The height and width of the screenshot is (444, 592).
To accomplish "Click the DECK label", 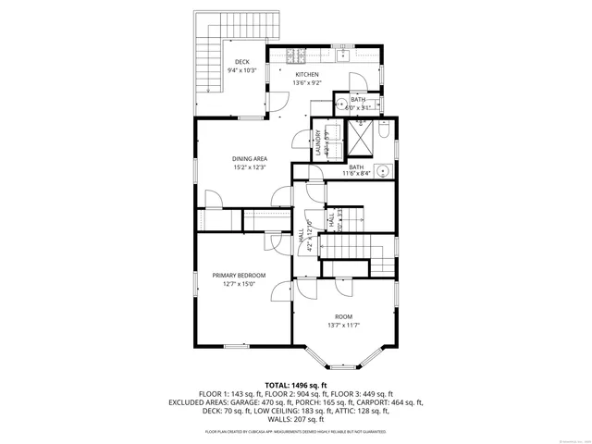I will point(241,62).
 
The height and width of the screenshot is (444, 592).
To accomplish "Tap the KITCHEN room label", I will point(307,75).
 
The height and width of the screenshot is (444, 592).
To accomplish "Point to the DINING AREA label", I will point(249,159).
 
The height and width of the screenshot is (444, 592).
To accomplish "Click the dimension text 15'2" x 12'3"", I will point(249,168).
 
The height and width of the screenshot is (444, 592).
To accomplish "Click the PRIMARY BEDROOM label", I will point(239,276).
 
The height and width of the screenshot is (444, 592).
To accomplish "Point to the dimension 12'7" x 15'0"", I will point(239,285).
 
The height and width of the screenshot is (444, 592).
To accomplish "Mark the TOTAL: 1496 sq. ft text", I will point(296,385).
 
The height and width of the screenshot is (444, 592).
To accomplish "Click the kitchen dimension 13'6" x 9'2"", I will point(307,83).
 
